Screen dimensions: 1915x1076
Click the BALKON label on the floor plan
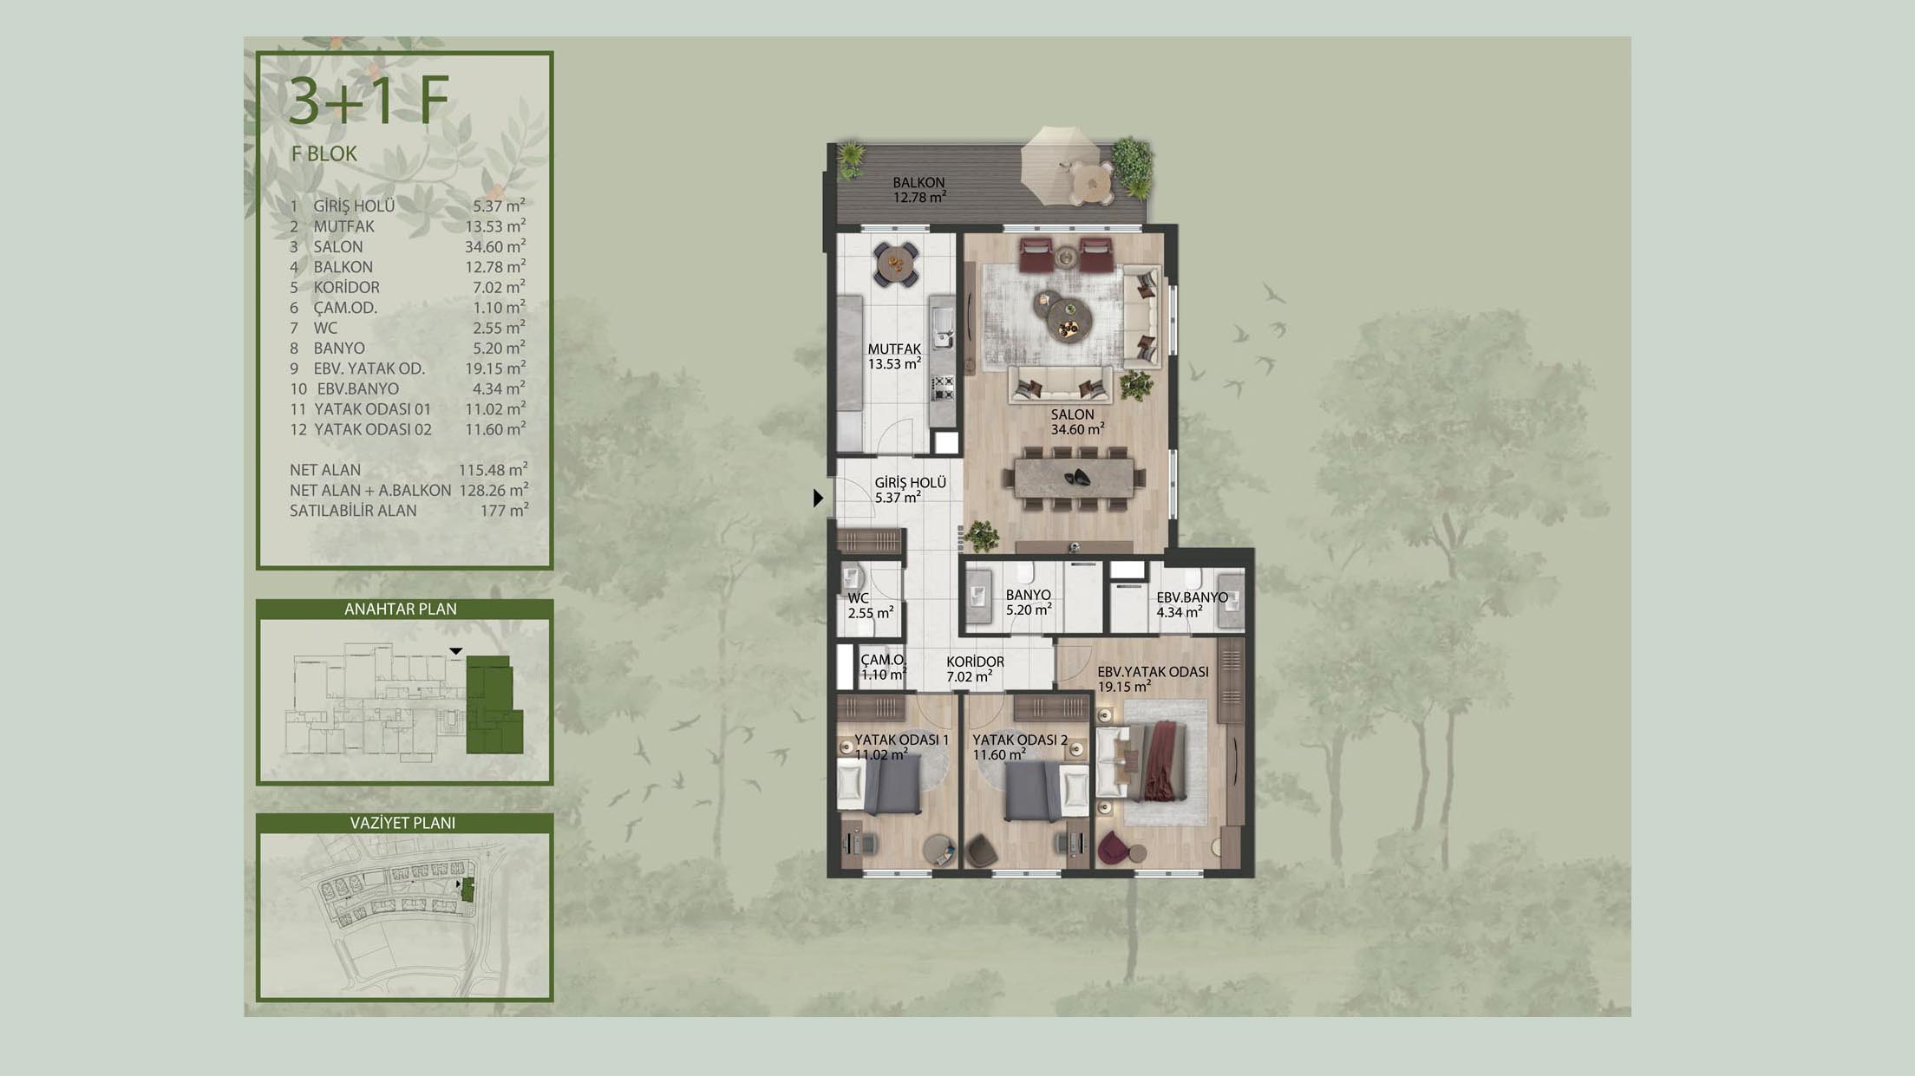918,183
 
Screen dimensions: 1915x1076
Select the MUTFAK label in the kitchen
894,349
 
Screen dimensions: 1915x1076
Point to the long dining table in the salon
1074,478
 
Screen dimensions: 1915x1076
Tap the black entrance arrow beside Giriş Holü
818,499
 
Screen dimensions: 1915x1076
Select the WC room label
858,598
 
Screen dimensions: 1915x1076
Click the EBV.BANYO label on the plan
1192,597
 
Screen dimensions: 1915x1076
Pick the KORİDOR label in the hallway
975,662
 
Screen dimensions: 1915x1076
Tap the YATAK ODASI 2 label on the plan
1020,740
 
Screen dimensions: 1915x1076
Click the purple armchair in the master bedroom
1113,849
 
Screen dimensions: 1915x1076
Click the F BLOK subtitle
324,153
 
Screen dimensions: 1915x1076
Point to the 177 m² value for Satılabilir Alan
504,511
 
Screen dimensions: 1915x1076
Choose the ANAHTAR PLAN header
401,609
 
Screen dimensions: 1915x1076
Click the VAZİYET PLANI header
402,823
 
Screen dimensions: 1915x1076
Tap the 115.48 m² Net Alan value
493,470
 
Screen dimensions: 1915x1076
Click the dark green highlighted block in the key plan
492,705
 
